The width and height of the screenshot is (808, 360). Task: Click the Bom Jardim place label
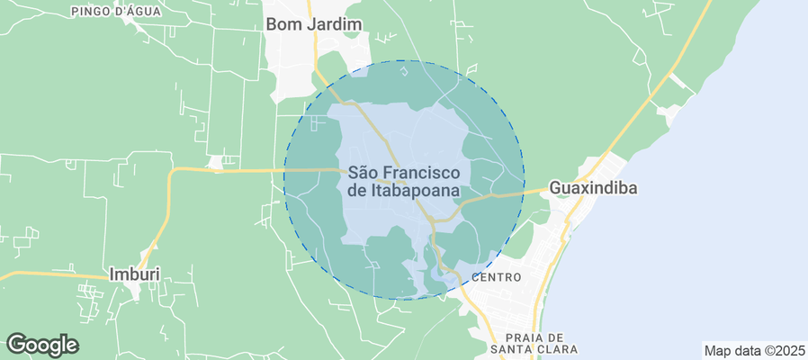(x=313, y=24)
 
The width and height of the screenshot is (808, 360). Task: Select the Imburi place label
(x=136, y=273)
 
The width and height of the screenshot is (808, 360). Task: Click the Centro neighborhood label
(x=495, y=278)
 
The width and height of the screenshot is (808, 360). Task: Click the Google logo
(x=42, y=344)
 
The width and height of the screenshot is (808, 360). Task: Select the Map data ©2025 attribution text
(x=754, y=350)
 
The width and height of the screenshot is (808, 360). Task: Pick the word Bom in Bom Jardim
(x=281, y=24)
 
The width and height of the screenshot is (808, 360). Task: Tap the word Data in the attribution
(x=745, y=350)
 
